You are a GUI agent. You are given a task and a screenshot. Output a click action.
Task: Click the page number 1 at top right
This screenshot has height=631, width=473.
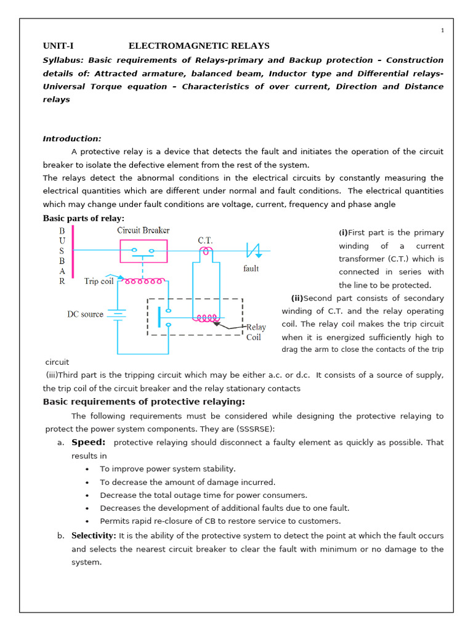click(442, 31)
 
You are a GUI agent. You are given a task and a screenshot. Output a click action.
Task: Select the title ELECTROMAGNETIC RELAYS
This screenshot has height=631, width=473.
click(198, 46)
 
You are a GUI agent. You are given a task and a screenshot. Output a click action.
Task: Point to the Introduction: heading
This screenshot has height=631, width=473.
click(72, 139)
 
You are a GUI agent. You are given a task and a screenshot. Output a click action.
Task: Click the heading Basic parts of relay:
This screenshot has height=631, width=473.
click(83, 218)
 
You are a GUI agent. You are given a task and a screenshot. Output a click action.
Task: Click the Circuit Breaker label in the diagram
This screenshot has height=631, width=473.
click(144, 230)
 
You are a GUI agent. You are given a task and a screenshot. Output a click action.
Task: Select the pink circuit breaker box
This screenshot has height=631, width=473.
click(143, 251)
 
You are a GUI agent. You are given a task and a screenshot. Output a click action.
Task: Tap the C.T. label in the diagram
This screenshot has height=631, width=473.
click(205, 240)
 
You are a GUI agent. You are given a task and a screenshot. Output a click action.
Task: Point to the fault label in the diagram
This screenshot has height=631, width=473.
click(251, 269)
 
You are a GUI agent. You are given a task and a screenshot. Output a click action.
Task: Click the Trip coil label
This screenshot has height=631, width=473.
click(99, 282)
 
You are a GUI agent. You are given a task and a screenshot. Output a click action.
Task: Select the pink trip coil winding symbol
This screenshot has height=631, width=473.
click(144, 281)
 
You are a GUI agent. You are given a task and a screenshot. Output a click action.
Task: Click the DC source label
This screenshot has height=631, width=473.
click(85, 314)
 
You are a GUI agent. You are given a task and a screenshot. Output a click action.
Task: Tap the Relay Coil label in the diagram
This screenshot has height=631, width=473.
click(255, 332)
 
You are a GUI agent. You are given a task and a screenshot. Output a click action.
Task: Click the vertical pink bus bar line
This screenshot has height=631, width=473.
click(73, 256)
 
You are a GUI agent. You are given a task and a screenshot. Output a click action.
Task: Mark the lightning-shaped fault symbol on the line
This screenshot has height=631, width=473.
click(253, 250)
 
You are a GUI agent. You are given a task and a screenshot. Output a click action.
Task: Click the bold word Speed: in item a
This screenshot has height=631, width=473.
click(88, 442)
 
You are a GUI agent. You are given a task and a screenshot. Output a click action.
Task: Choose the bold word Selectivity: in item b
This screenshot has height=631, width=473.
click(94, 535)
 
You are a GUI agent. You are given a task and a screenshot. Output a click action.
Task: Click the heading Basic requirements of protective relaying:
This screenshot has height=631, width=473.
click(144, 402)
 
